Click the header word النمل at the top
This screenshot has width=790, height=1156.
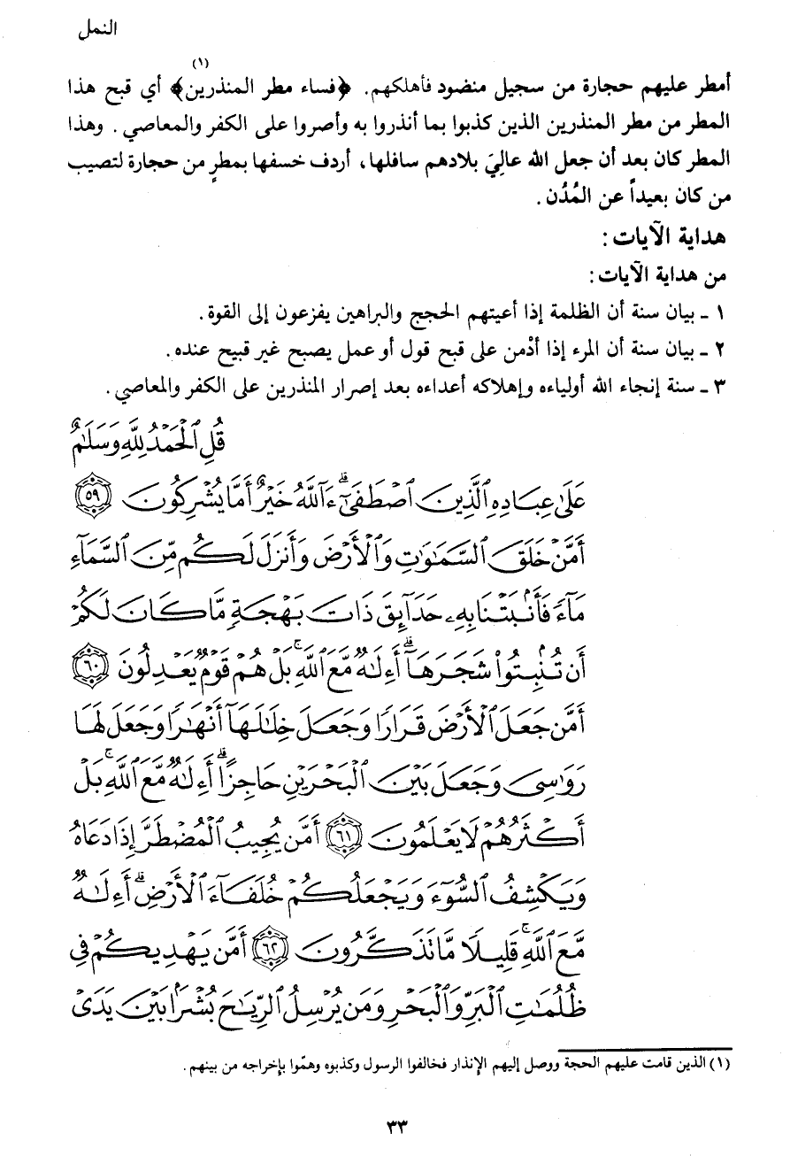point(99,27)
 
